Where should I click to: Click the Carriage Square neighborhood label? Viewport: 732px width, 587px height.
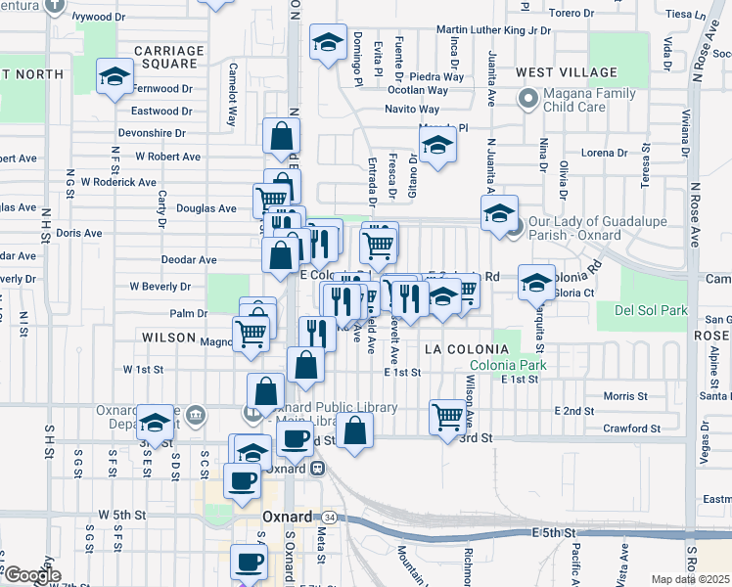[x=168, y=57]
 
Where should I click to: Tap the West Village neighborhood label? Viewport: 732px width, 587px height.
[x=567, y=72]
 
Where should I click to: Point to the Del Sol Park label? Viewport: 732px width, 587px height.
[x=651, y=311]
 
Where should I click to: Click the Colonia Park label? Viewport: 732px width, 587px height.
[x=506, y=366]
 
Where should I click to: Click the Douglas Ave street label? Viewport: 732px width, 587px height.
[x=206, y=208]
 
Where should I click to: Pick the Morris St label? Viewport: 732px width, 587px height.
[x=625, y=396]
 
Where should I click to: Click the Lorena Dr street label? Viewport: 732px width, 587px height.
[x=604, y=153]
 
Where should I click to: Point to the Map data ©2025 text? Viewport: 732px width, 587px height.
[x=691, y=579]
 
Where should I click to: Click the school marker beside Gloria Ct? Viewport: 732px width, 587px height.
[x=536, y=281]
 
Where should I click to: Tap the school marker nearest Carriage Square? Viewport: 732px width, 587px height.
[x=114, y=75]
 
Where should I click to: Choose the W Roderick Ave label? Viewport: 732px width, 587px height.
[x=118, y=182]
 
